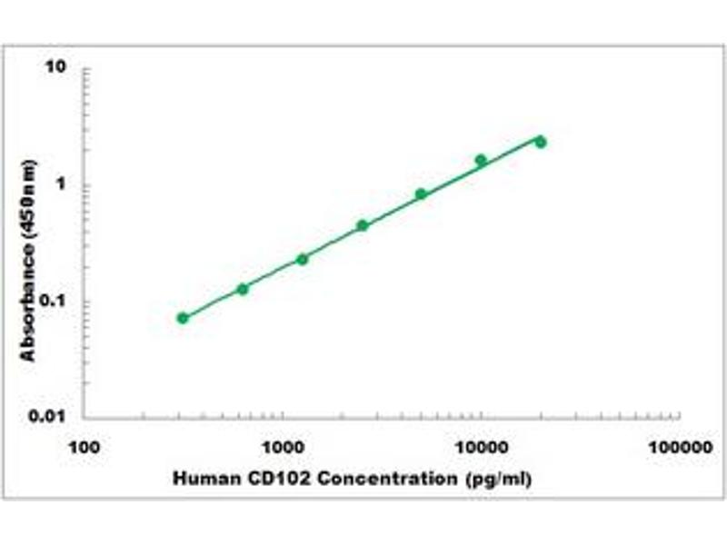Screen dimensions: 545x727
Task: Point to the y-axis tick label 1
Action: point(65,185)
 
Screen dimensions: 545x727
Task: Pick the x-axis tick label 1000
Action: point(282,448)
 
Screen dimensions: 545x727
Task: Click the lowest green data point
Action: point(183,318)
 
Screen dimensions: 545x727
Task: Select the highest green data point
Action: point(541,142)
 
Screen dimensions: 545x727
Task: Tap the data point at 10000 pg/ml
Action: point(481,160)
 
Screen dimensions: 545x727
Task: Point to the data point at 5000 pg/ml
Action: point(421,193)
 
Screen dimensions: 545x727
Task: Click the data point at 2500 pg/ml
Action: point(362,225)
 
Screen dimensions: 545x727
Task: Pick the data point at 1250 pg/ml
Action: point(302,259)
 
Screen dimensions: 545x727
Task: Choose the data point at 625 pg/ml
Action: point(243,289)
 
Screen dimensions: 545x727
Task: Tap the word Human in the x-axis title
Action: point(201,478)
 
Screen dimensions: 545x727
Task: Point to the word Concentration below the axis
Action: point(365,478)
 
